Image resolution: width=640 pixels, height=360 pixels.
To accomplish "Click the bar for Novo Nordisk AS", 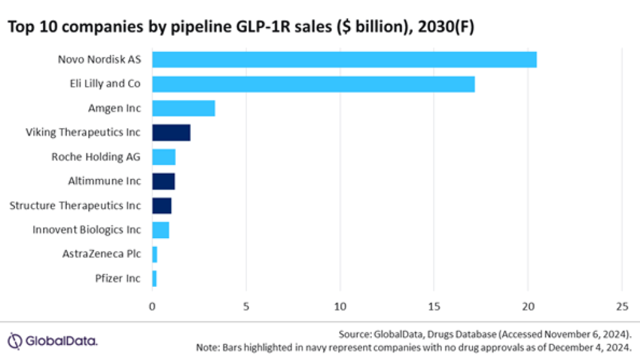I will point(344,60).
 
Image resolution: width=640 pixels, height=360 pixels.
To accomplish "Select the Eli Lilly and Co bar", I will point(313,84).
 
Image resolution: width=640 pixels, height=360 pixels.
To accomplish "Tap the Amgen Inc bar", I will point(184,108).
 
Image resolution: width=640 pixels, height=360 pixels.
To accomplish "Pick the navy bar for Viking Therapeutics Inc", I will point(171,132).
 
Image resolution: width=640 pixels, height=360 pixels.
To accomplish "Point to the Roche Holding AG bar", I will point(164,157).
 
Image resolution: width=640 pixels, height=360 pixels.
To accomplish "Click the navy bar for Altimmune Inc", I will point(164,181).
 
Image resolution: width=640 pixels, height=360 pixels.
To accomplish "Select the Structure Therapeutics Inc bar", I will point(162,206).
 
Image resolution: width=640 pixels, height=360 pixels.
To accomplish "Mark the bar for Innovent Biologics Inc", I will point(161,230).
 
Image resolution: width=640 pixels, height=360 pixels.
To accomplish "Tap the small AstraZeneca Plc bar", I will point(155,254).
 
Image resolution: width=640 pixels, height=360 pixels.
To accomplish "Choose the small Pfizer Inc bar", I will point(154,279).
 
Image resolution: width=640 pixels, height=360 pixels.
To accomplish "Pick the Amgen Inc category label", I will point(114,108).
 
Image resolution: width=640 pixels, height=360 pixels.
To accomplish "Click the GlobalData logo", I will point(52,341).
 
